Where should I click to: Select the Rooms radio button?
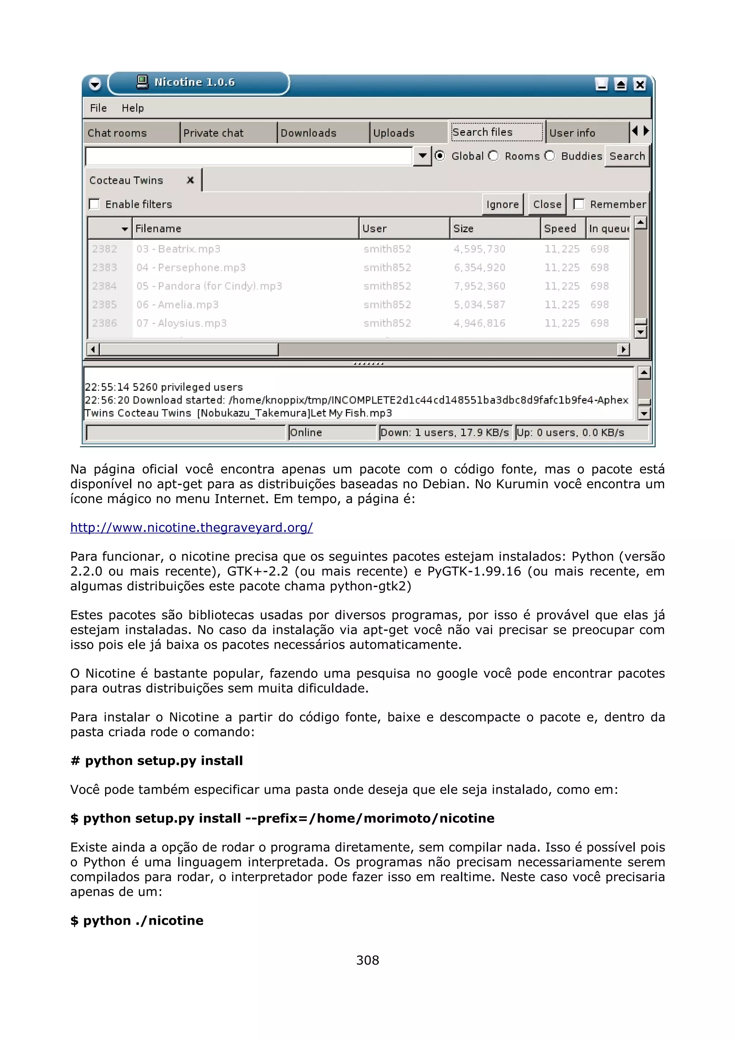(x=493, y=156)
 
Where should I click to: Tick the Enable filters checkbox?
(x=94, y=204)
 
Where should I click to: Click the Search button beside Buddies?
(x=627, y=156)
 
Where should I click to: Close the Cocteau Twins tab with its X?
(x=190, y=180)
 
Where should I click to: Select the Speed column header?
(x=560, y=228)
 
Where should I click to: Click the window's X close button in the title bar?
(x=640, y=84)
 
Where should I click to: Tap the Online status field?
(x=332, y=432)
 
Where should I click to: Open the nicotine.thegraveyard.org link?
(x=191, y=527)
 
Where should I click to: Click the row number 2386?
(x=104, y=323)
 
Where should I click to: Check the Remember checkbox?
(x=579, y=204)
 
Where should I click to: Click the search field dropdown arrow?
(x=422, y=156)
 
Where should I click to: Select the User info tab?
(x=572, y=133)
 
